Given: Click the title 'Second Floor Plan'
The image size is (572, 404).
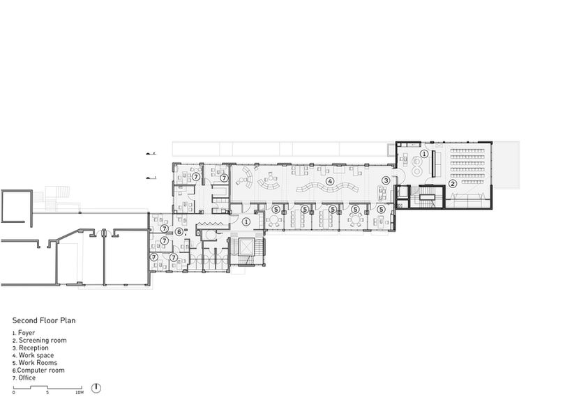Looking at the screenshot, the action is click(44, 320).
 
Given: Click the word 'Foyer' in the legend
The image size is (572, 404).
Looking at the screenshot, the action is click(27, 333).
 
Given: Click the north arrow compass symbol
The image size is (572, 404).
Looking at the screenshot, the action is click(96, 388).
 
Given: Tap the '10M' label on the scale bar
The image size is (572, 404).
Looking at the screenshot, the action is click(79, 393).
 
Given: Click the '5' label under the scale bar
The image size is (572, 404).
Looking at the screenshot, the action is click(47, 393).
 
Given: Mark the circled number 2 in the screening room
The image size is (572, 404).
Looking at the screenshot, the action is click(452, 184).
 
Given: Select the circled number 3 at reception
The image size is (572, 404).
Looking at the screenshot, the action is click(386, 180).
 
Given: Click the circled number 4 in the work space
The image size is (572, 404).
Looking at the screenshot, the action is click(330, 180).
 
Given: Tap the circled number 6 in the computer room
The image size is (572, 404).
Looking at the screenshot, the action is click(179, 232).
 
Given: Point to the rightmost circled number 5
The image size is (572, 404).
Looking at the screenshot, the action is click(381, 210).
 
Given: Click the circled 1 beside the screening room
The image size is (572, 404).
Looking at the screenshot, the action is click(424, 154).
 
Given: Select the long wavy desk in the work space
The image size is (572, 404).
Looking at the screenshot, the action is click(327, 188).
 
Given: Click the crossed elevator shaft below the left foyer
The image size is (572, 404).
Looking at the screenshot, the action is click(246, 247).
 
